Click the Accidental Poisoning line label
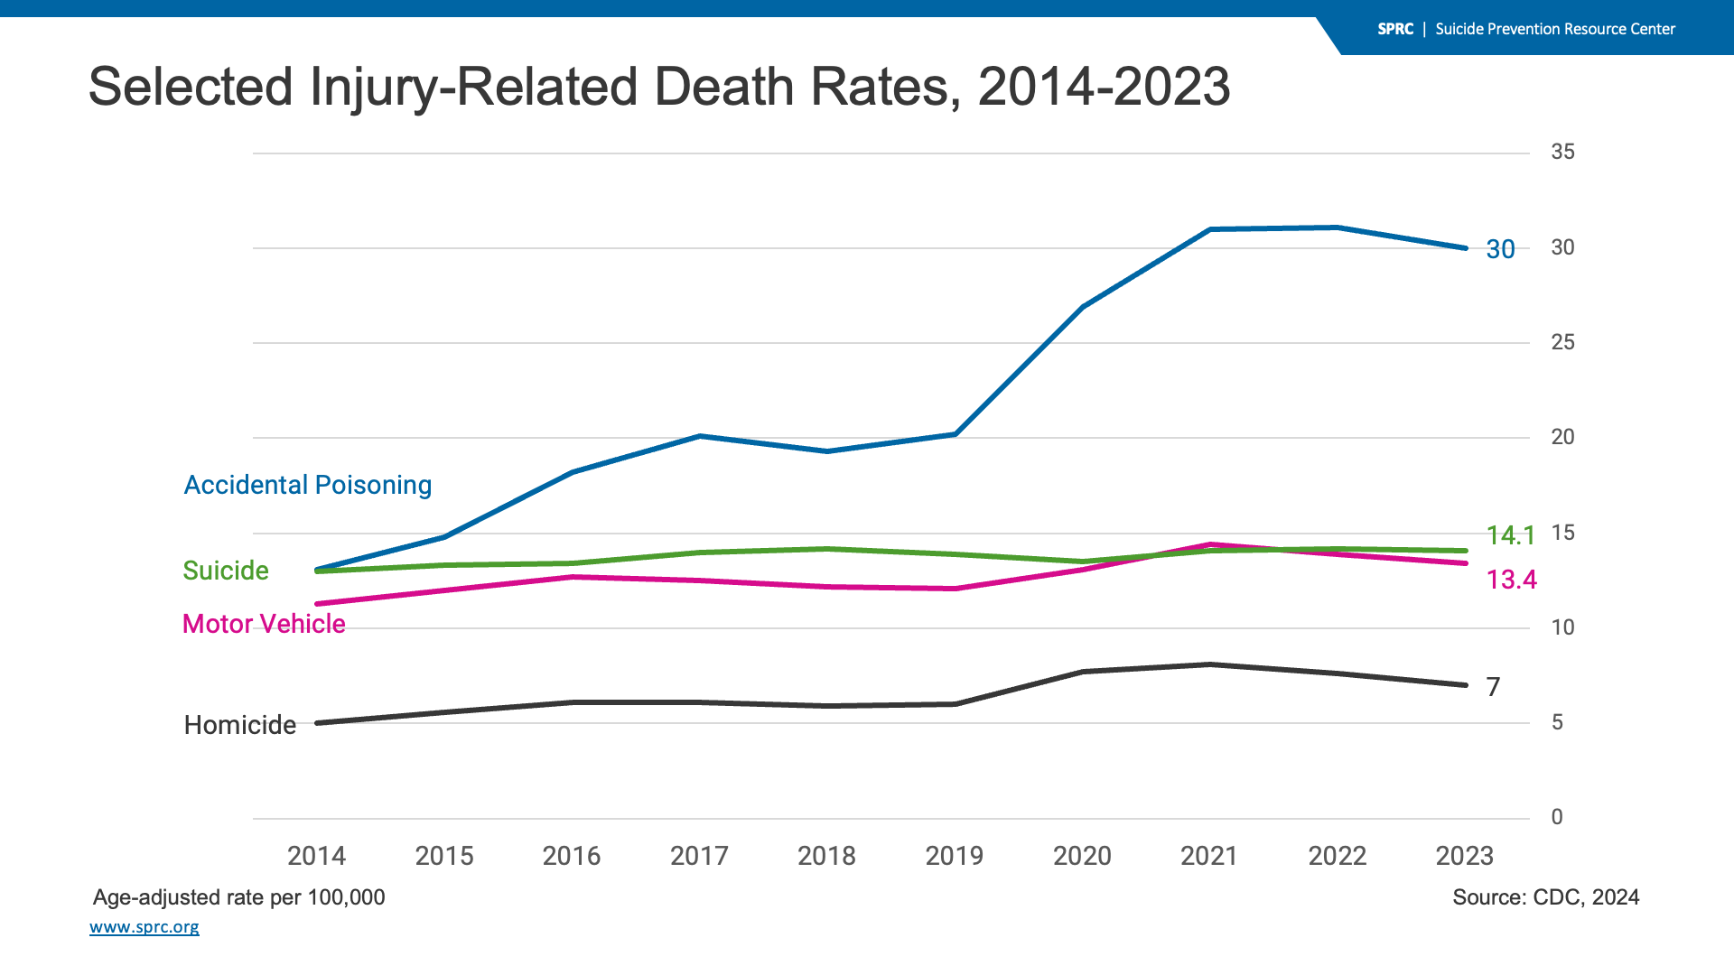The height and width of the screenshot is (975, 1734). (308, 486)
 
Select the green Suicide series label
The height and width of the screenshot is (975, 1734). (226, 571)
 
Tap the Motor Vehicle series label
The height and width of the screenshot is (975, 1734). (264, 624)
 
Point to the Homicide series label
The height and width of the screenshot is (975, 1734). (240, 725)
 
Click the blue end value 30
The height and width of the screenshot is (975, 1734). (1500, 249)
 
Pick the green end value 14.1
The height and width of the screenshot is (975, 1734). (1510, 535)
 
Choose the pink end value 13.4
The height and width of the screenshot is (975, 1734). (1511, 580)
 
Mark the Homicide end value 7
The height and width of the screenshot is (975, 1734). (1493, 687)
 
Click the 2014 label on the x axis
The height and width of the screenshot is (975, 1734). (316, 856)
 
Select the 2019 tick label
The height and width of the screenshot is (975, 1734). (954, 856)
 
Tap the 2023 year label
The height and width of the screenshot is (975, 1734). (1464, 856)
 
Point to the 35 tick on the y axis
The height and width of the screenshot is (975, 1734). (1562, 152)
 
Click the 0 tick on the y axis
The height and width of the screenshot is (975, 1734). (1557, 817)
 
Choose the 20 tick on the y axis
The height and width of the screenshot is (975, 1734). (1562, 437)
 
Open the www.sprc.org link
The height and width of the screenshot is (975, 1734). (144, 927)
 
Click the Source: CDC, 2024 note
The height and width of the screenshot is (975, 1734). (1545, 897)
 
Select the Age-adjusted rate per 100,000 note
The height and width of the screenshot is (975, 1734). (239, 897)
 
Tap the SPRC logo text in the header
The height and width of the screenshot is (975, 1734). (1394, 29)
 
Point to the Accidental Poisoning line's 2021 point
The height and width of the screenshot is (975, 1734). (1209, 229)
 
